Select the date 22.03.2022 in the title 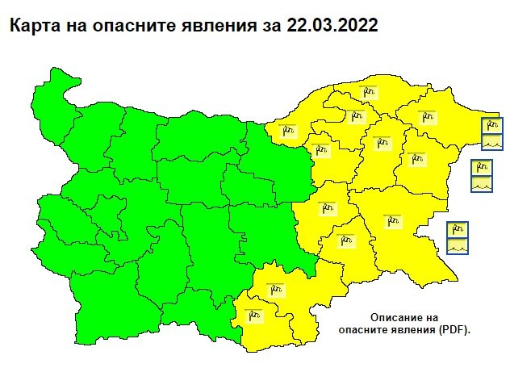coord(332,26)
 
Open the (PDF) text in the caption coord(454,330)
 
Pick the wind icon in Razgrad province coord(354,116)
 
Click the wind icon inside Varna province coord(416,158)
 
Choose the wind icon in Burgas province coord(394,220)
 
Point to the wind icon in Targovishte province coord(321,150)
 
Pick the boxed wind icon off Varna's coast coord(482,168)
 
